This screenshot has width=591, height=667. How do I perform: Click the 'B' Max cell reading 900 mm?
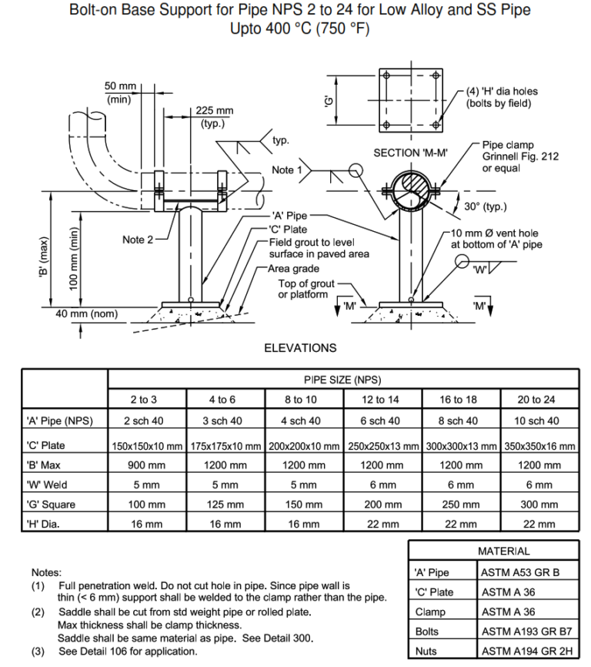146,465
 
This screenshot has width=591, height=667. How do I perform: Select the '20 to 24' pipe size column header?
539,400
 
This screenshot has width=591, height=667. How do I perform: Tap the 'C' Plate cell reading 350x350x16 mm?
539,445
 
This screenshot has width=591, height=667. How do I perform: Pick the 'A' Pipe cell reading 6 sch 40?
382,421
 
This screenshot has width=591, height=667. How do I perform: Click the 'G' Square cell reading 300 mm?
539,504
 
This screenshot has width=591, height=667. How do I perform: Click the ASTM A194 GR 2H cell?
528,651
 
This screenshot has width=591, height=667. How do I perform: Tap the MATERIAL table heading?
503,551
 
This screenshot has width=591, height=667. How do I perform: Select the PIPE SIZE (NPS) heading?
342,380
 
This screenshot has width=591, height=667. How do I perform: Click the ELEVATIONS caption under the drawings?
300,347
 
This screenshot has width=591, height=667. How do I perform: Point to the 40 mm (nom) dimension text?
85,313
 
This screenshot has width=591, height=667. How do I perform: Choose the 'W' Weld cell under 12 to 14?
382,485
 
